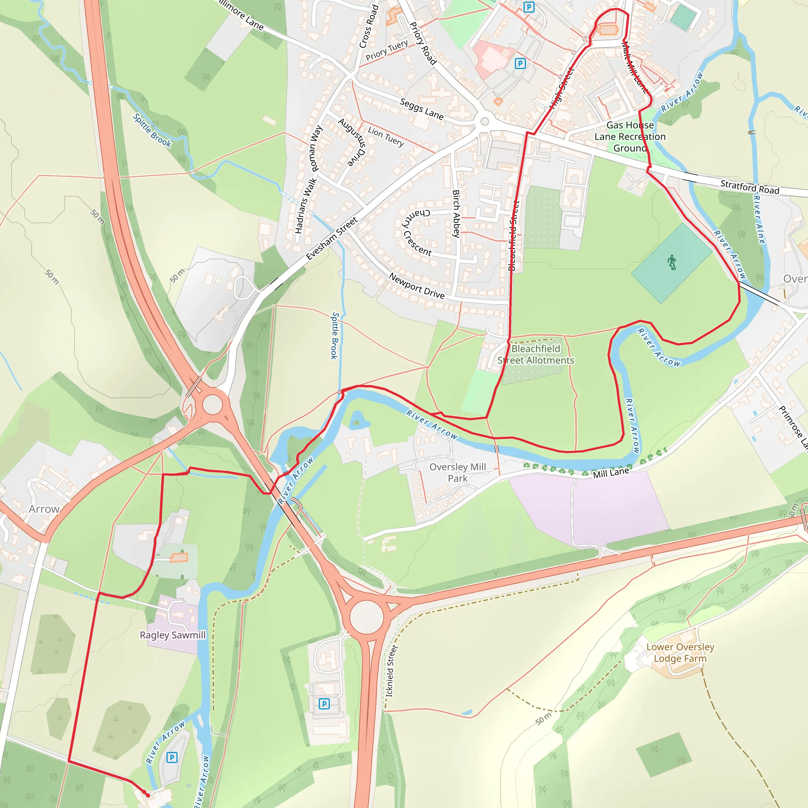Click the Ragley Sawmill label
click(172, 635)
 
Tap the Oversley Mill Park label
click(458, 473)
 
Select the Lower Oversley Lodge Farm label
click(680, 653)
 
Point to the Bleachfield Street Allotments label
click(535, 354)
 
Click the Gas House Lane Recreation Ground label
click(630, 137)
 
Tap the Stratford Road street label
click(750, 187)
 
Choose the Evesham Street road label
click(332, 238)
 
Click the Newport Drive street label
click(417, 286)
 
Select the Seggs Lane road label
click(422, 109)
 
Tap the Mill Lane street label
click(611, 473)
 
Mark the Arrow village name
click(44, 509)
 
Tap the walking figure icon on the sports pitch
click(671, 263)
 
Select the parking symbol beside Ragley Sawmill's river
click(172, 757)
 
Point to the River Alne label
click(759, 220)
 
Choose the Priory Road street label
click(423, 43)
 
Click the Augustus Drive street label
click(352, 142)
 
